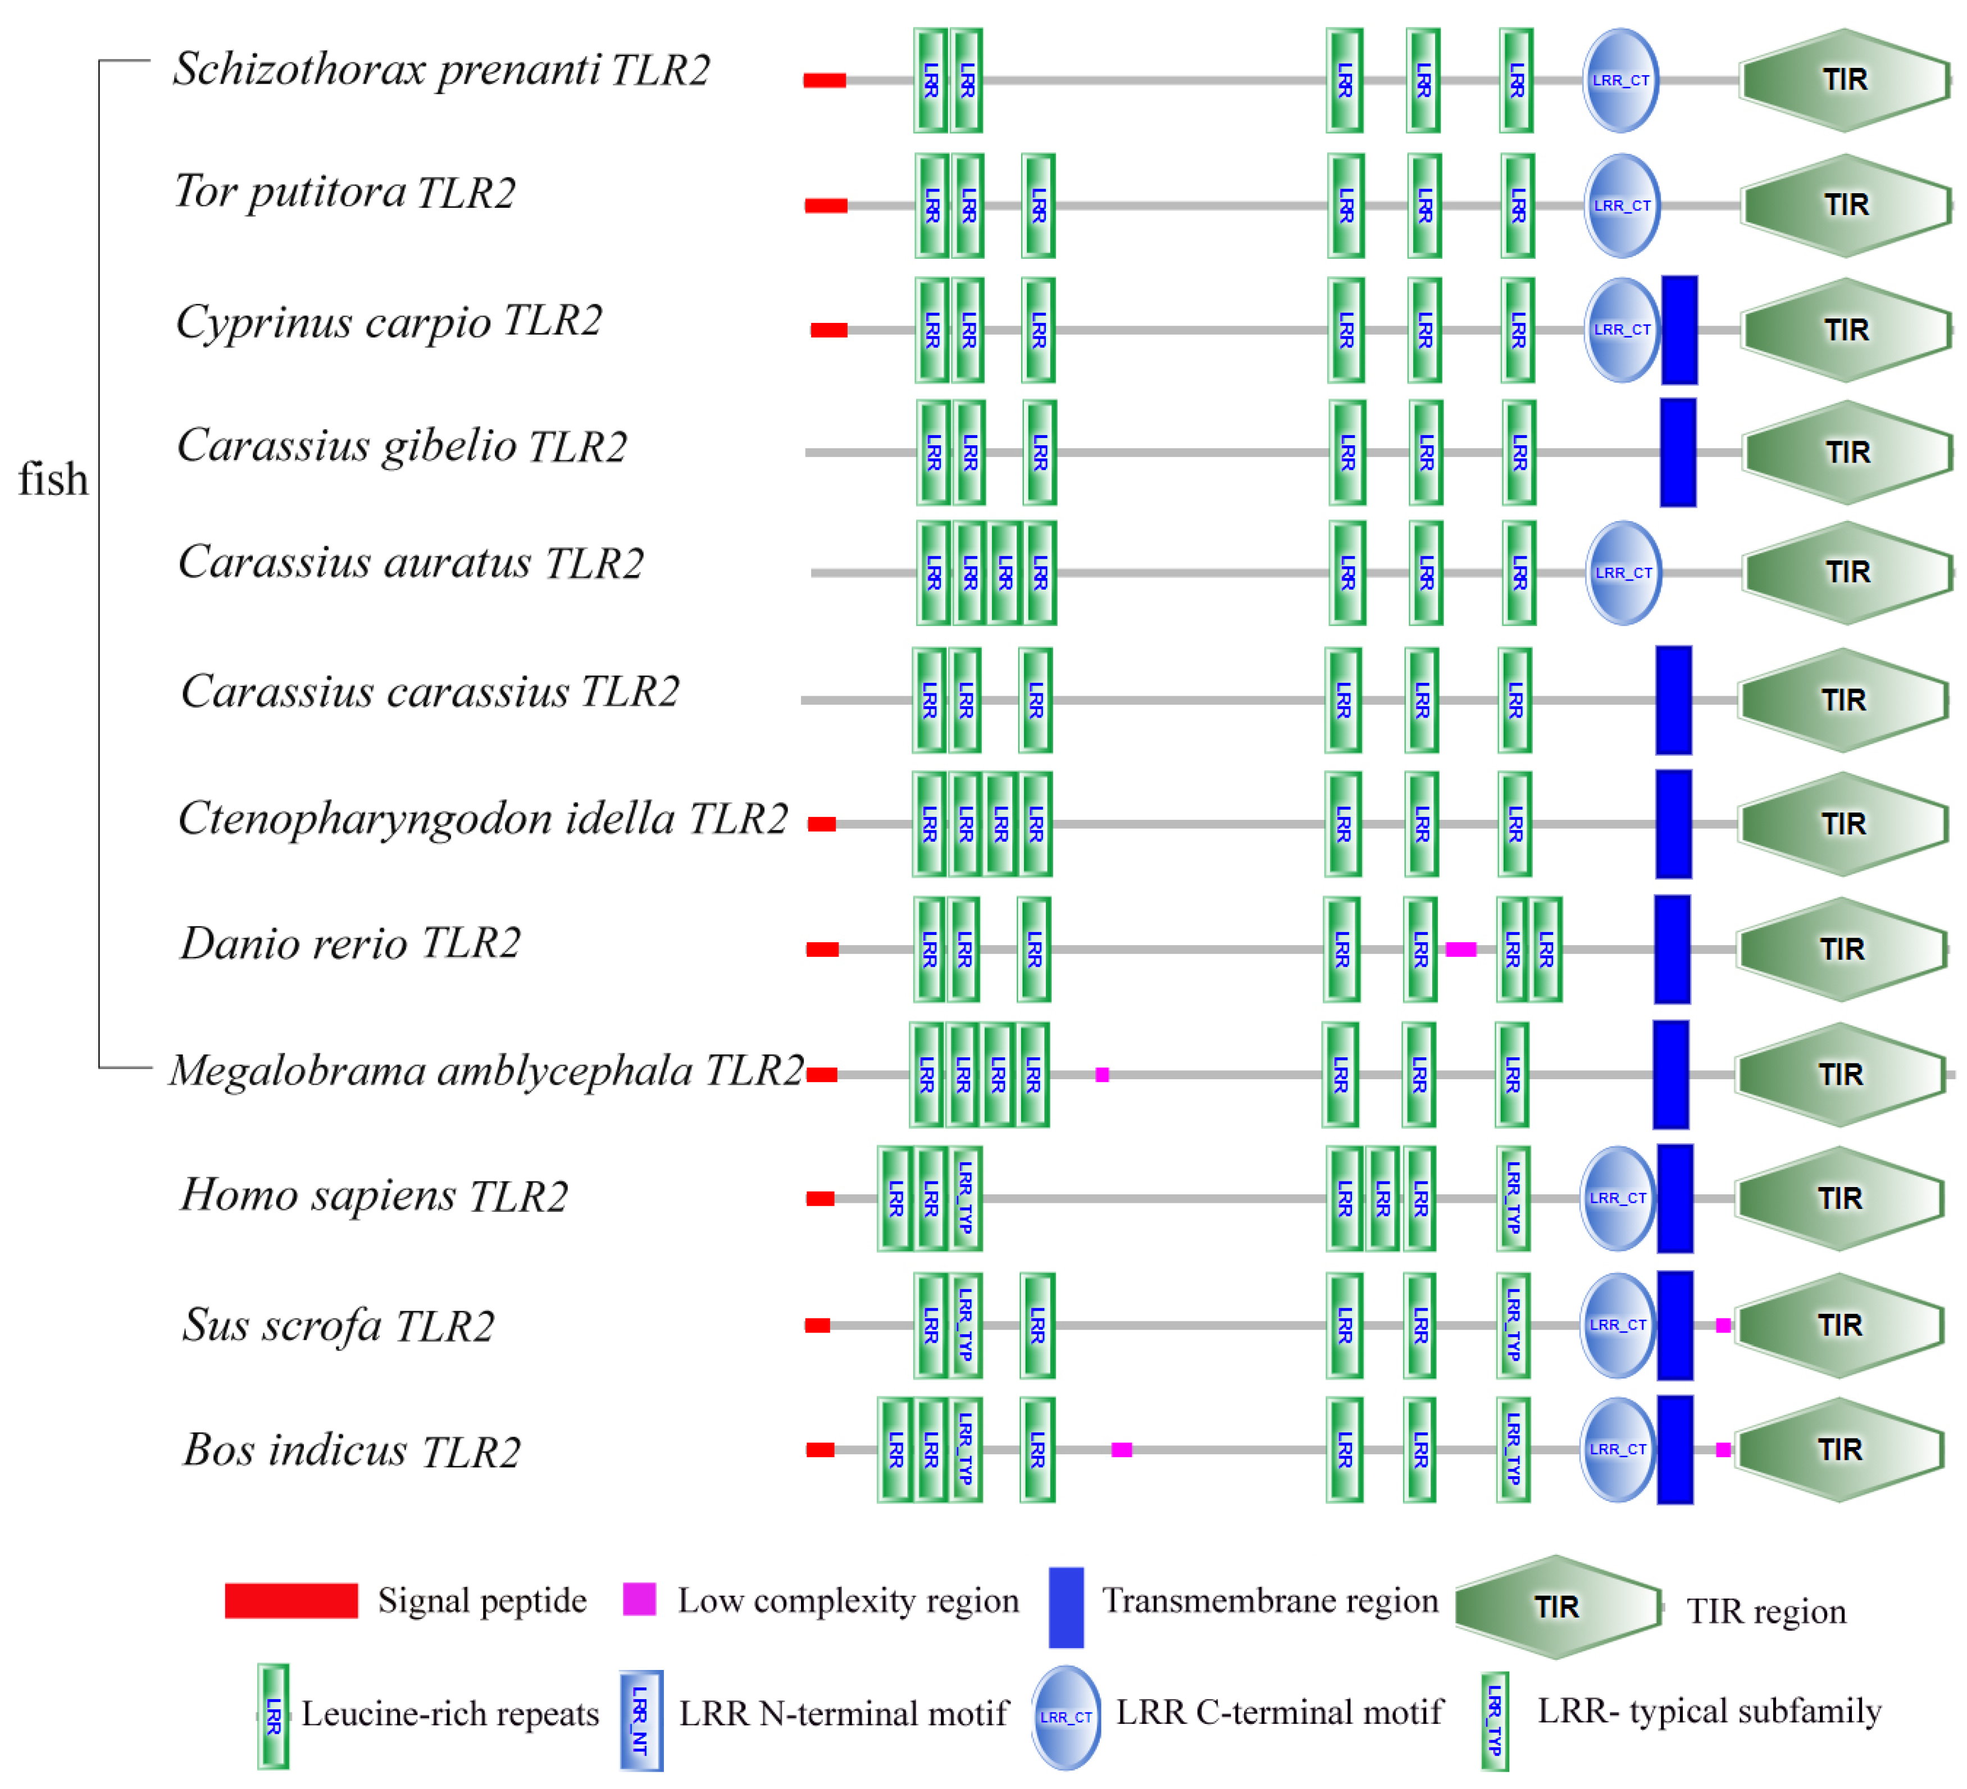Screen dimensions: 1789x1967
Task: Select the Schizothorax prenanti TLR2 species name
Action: (x=441, y=69)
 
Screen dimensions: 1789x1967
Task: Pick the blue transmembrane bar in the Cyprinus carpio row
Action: (x=1679, y=330)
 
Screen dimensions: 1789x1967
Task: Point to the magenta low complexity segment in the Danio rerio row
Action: (x=1460, y=949)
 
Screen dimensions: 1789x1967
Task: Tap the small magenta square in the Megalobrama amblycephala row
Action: (x=1101, y=1075)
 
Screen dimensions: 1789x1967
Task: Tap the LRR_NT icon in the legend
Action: (x=641, y=1720)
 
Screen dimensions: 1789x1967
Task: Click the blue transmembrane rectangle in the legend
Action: (x=1066, y=1607)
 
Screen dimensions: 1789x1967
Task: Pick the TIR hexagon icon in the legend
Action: (x=1557, y=1607)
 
